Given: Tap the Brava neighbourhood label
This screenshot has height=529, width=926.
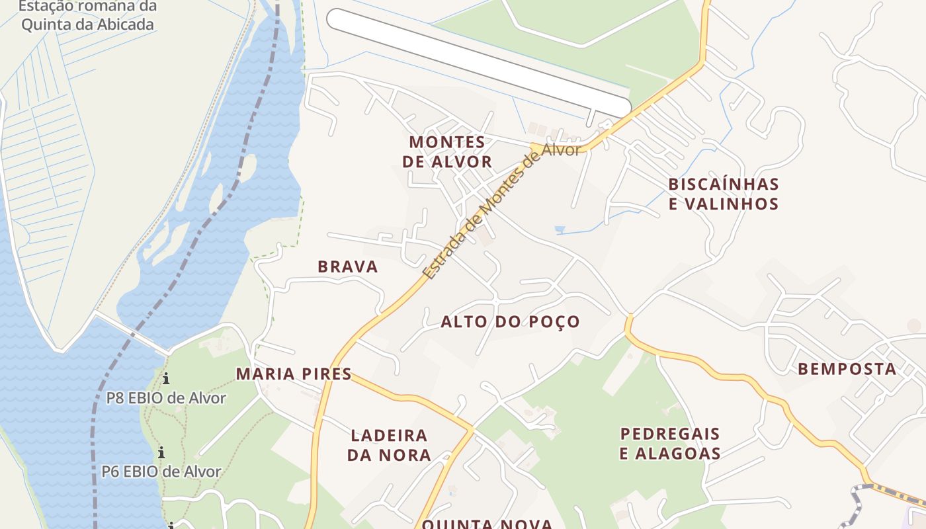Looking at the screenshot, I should pyautogui.click(x=347, y=266).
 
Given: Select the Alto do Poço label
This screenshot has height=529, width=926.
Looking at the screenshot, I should pyautogui.click(x=510, y=322).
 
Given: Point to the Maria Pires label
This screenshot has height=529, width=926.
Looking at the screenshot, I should pyautogui.click(x=294, y=374).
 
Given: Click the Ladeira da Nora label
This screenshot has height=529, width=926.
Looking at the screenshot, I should pyautogui.click(x=389, y=445).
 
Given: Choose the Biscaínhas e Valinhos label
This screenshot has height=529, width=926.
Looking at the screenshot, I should pyautogui.click(x=724, y=193).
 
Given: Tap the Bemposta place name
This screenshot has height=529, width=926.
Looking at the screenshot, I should pyautogui.click(x=847, y=369).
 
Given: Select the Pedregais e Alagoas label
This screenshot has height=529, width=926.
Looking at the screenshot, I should pyautogui.click(x=670, y=444).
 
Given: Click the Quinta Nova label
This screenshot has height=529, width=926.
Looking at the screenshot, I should pyautogui.click(x=487, y=524).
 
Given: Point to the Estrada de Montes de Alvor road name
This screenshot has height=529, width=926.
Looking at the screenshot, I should pyautogui.click(x=501, y=211).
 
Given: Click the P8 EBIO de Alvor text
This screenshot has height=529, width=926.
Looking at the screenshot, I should pyautogui.click(x=166, y=398).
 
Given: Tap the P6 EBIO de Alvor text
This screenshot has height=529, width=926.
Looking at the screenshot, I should pyautogui.click(x=161, y=471).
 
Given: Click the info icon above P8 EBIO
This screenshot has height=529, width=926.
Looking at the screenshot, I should pyautogui.click(x=166, y=379).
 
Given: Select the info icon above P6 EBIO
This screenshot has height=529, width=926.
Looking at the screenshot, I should pyautogui.click(x=161, y=453).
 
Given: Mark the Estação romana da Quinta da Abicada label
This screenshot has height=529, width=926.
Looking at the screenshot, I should pyautogui.click(x=87, y=16).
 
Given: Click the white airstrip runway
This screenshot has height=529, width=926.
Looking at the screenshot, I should pyautogui.click(x=479, y=63).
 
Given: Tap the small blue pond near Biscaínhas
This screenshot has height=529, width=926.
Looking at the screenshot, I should pyautogui.click(x=560, y=230).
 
